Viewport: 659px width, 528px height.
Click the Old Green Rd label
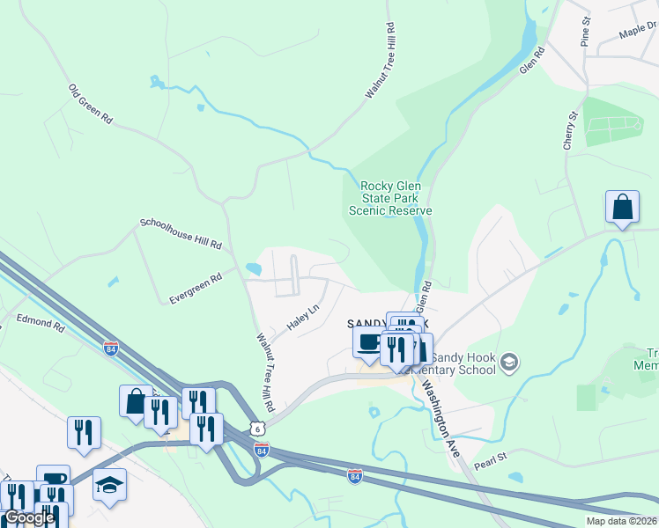coord(92,104)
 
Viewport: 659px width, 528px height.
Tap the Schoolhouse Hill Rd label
coord(181,234)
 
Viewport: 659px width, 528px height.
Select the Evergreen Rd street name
coord(196,288)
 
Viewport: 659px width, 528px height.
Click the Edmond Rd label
coord(41,325)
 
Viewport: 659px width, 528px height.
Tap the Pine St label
coord(585,31)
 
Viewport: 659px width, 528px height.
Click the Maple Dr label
coord(638,32)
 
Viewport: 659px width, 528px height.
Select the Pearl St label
coord(492,458)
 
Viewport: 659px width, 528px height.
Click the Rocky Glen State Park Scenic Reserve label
coord(391,198)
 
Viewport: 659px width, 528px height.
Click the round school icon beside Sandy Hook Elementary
coord(509,362)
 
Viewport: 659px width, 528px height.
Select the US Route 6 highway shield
coord(255,428)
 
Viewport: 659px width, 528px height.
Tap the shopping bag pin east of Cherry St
coord(622,208)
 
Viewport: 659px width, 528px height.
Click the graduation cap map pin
coord(110,485)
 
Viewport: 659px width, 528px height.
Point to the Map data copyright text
coord(621,521)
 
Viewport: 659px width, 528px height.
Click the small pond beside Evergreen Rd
coord(254,268)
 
